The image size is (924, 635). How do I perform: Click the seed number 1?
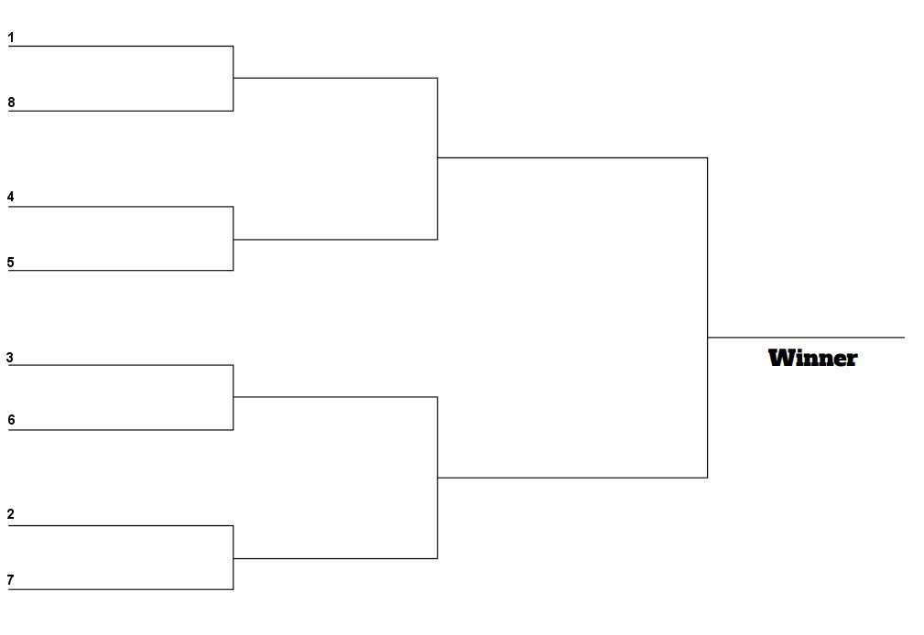pyautogui.click(x=11, y=38)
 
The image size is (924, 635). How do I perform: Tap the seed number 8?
pyautogui.click(x=11, y=102)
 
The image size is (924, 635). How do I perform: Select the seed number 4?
pyautogui.click(x=10, y=197)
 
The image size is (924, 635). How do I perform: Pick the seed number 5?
pyautogui.click(x=10, y=262)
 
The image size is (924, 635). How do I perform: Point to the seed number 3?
pyautogui.click(x=9, y=358)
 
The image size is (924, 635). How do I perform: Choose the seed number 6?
pyautogui.click(x=11, y=420)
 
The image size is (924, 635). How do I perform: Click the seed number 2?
pyautogui.click(x=10, y=514)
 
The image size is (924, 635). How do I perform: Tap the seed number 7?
pyautogui.click(x=10, y=580)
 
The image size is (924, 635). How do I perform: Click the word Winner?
pyautogui.click(x=812, y=358)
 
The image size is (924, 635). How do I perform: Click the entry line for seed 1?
pyautogui.click(x=121, y=46)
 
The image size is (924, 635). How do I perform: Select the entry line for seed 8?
pyautogui.click(x=121, y=111)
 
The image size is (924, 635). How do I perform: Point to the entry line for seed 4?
pyautogui.click(x=121, y=207)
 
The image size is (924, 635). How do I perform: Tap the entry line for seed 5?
pyautogui.click(x=121, y=270)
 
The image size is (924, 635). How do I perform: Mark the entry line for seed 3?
pyautogui.click(x=121, y=365)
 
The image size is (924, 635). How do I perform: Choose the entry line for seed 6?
pyautogui.click(x=121, y=430)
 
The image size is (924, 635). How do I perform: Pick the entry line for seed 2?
pyautogui.click(x=121, y=525)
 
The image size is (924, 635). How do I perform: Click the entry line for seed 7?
pyautogui.click(x=121, y=589)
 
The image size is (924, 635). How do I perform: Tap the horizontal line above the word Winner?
pyautogui.click(x=806, y=338)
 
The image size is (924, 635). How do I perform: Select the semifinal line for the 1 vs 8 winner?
pyautogui.click(x=335, y=78)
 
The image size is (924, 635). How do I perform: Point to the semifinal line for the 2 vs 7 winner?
pyautogui.click(x=335, y=558)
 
